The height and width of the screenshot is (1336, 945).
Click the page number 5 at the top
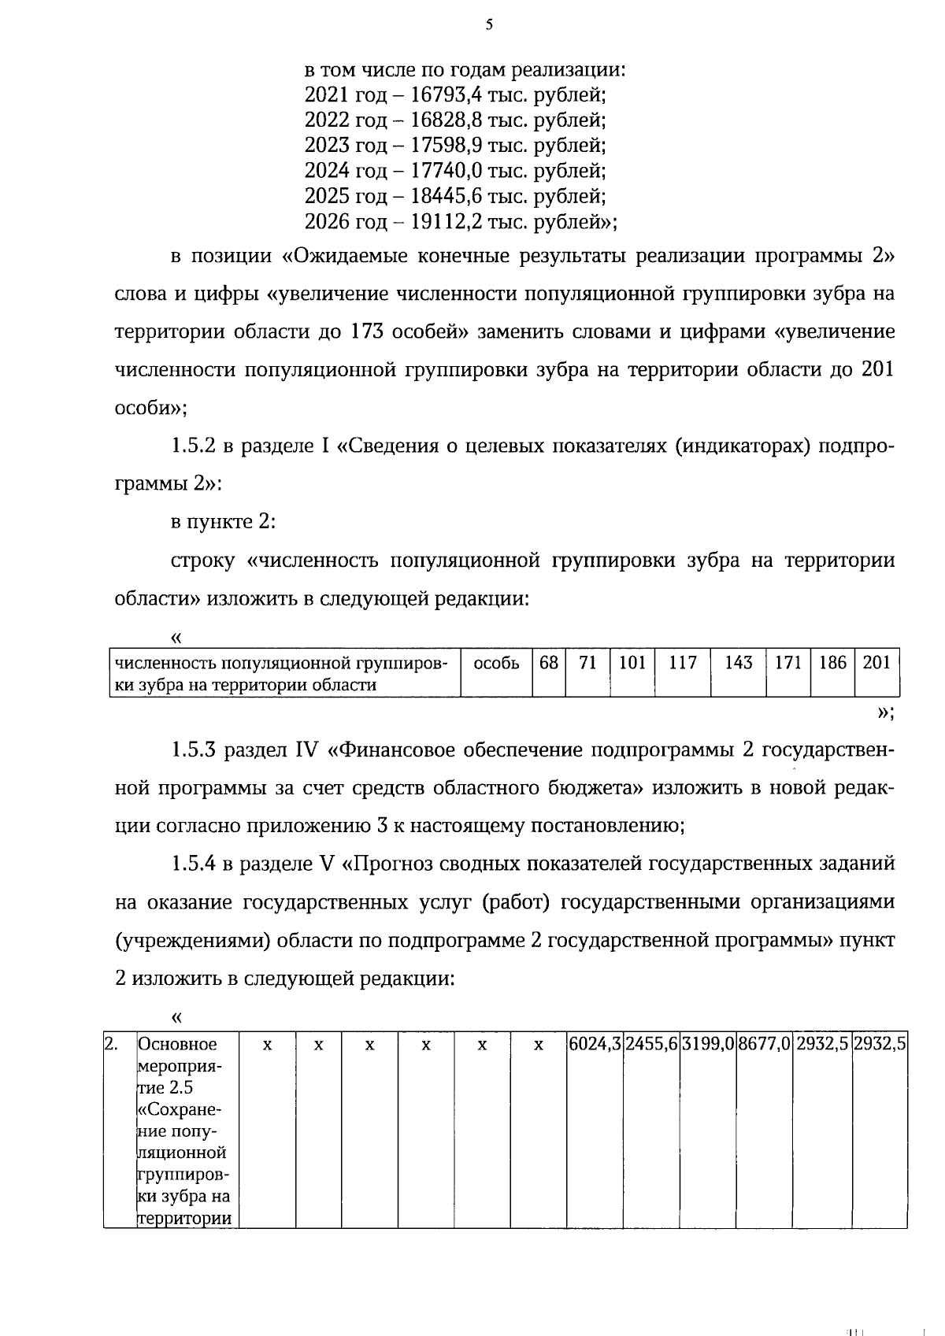point(489,25)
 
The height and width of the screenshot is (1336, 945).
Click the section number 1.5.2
point(193,446)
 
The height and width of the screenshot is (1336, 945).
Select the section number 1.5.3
point(193,749)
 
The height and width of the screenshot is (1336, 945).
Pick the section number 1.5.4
point(193,864)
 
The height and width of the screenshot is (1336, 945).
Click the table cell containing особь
point(496,664)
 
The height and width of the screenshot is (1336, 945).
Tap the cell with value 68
point(549,663)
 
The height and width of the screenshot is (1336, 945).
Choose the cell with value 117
point(682,663)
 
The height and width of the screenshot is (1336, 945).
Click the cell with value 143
point(738,663)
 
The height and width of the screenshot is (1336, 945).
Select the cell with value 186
point(832,663)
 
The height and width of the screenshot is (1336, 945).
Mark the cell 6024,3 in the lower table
point(595,1045)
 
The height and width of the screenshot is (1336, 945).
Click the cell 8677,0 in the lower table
point(765,1045)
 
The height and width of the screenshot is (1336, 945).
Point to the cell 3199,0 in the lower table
point(708,1045)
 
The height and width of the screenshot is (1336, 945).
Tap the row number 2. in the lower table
point(113,1045)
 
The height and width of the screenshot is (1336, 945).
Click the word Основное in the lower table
point(177,1045)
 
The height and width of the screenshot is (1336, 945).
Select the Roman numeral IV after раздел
point(306,749)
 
